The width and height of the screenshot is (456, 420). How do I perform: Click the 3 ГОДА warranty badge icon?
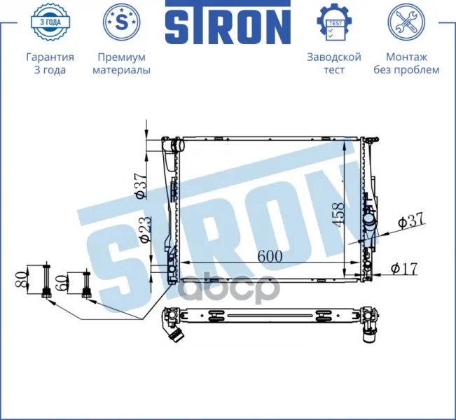[x=50, y=22]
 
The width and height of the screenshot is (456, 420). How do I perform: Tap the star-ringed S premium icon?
[x=122, y=22]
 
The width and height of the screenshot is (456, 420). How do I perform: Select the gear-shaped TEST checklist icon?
[x=334, y=22]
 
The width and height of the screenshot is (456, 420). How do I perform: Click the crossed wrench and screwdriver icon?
[x=406, y=22]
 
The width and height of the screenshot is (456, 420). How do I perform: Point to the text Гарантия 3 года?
[x=50, y=64]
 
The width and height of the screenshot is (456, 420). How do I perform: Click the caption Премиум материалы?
[x=122, y=64]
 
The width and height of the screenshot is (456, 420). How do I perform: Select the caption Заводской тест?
[x=334, y=64]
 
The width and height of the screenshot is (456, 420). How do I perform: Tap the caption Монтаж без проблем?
[x=406, y=64]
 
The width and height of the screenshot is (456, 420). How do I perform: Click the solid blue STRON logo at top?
[x=228, y=22]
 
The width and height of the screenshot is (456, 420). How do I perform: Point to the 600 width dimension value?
[x=270, y=255]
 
